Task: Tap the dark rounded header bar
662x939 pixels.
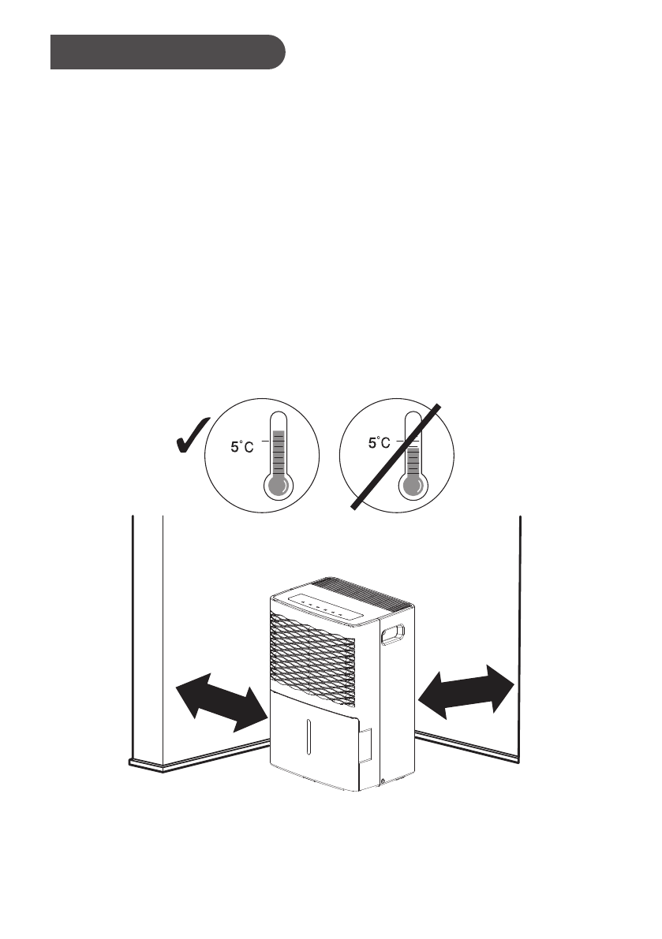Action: (x=166, y=52)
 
